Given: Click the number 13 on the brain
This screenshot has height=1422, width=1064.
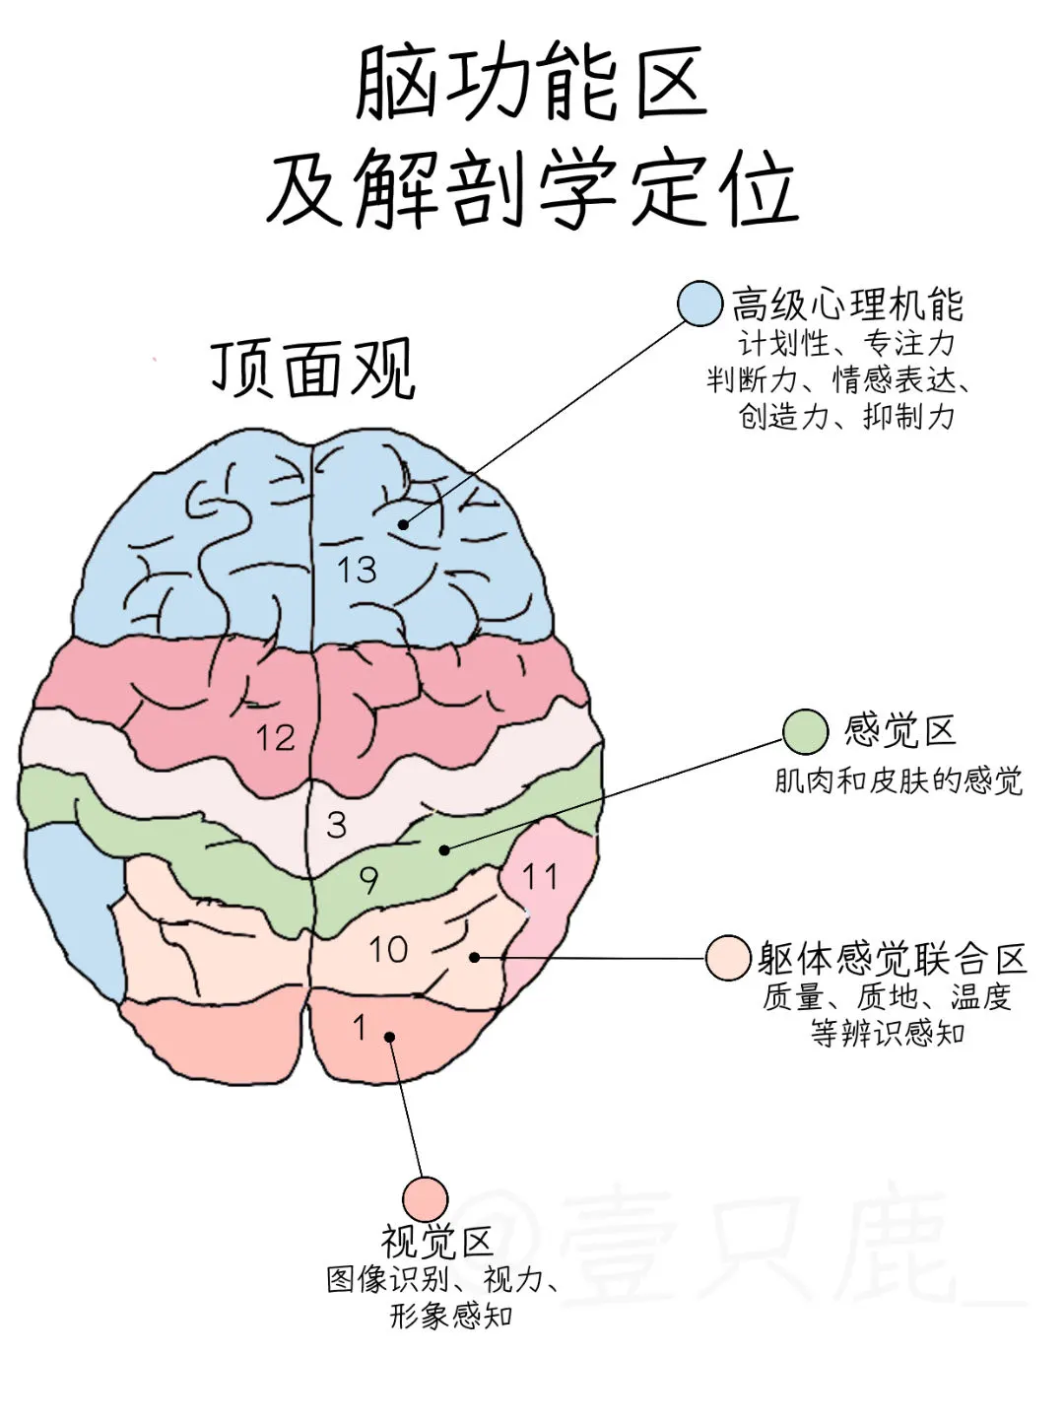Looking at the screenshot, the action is pyautogui.click(x=357, y=570).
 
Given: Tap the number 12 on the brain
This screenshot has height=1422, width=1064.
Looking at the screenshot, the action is pyautogui.click(x=275, y=737).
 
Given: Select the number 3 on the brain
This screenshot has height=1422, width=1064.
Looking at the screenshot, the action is pyautogui.click(x=337, y=825).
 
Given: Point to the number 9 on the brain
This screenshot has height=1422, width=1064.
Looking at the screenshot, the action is pyautogui.click(x=368, y=880).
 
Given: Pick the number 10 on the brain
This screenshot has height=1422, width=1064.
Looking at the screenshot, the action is pyautogui.click(x=388, y=950).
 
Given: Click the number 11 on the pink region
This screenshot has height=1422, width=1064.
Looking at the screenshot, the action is pyautogui.click(x=539, y=876).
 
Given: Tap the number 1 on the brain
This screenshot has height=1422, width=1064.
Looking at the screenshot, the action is pyautogui.click(x=360, y=1028).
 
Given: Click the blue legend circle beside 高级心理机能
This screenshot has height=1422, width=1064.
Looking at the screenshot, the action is pyautogui.click(x=700, y=303).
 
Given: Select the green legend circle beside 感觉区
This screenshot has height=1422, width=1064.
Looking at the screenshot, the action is pyautogui.click(x=806, y=732).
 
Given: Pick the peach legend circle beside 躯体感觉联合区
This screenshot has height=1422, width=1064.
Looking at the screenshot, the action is pyautogui.click(x=729, y=958).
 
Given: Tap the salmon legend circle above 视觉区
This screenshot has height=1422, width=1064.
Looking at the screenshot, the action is pyautogui.click(x=425, y=1199).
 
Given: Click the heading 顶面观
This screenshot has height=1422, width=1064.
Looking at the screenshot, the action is pyautogui.click(x=312, y=371).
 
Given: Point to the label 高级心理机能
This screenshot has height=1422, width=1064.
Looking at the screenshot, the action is pyautogui.click(x=847, y=305).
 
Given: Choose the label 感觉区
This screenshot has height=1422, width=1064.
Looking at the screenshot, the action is pyautogui.click(x=900, y=732).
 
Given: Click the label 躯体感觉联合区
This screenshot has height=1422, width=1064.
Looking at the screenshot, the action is pyautogui.click(x=893, y=958).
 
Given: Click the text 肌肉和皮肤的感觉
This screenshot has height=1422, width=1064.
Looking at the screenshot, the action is pyautogui.click(x=898, y=781).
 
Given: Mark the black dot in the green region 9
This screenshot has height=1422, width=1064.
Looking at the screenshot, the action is pyautogui.click(x=444, y=849).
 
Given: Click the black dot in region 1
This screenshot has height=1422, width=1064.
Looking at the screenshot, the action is pyautogui.click(x=390, y=1037).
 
